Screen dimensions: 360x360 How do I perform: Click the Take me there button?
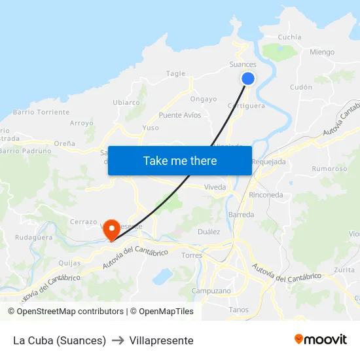click(x=180, y=160)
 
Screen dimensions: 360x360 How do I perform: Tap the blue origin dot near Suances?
click(x=248, y=79)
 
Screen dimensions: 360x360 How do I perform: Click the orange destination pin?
click(x=111, y=229)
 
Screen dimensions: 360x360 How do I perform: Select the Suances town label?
click(x=243, y=64)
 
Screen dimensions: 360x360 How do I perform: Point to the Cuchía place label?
click(x=290, y=37)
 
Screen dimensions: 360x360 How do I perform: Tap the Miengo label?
click(x=321, y=52)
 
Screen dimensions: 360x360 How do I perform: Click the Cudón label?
click(x=301, y=86)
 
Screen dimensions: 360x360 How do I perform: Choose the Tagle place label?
click(x=176, y=74)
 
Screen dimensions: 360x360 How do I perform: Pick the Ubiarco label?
click(x=126, y=102)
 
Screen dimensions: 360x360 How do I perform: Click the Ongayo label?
click(x=203, y=99)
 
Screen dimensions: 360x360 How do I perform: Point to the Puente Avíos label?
click(x=180, y=115)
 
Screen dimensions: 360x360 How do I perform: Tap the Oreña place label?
click(x=65, y=143)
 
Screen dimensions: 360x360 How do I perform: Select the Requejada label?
click(x=268, y=162)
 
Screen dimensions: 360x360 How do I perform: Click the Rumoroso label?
click(x=329, y=168)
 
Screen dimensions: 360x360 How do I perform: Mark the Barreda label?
click(x=241, y=215)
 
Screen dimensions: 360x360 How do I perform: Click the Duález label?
click(x=209, y=232)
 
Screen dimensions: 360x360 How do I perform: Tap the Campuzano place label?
click(x=211, y=291)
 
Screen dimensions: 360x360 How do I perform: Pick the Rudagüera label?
click(x=34, y=238)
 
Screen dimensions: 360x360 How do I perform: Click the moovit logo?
click(x=320, y=340)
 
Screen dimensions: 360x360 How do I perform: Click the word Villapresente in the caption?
click(x=162, y=340)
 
